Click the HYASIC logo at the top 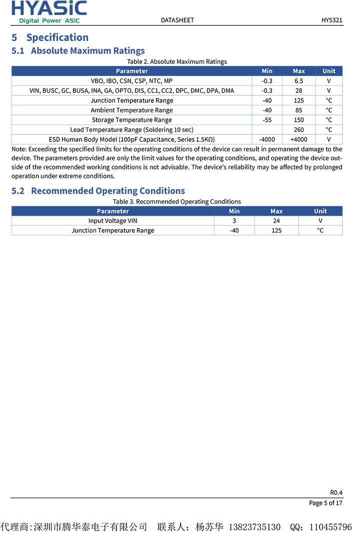(49, 11)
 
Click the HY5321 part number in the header (332, 20)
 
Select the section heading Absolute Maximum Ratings (87, 50)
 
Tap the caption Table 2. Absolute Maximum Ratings (177, 61)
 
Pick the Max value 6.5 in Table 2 (298, 81)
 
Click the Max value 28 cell (298, 90)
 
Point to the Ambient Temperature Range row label (131, 110)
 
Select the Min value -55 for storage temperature (267, 120)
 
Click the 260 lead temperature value (298, 130)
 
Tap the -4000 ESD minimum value (267, 139)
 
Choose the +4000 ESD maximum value (298, 139)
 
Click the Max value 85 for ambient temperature (298, 110)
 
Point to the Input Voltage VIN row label (112, 221)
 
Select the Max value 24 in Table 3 (276, 221)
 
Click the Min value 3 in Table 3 (234, 221)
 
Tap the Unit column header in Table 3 (320, 211)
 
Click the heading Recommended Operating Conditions (107, 191)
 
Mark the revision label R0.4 (336, 492)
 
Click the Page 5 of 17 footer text (325, 503)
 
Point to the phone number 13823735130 (254, 528)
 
